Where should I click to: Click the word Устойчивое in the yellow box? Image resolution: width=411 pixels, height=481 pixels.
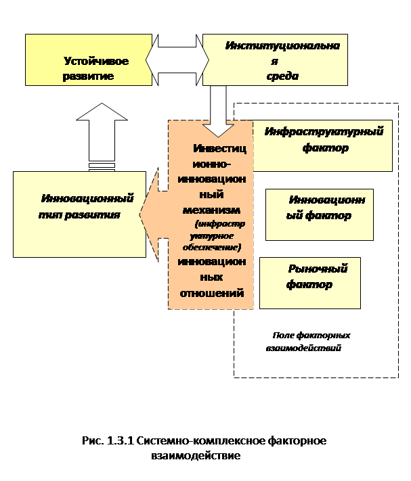[96, 61]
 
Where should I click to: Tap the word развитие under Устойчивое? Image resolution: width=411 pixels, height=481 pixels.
[88, 76]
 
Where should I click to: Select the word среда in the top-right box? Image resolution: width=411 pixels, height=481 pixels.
[282, 76]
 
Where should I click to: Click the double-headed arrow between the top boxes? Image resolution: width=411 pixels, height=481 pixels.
[177, 60]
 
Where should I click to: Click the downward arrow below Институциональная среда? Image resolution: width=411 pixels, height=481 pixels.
[218, 112]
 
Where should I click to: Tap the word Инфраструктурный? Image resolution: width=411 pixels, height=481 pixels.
[324, 132]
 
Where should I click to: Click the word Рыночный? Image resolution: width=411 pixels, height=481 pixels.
[318, 269]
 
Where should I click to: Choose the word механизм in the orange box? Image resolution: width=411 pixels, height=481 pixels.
[211, 210]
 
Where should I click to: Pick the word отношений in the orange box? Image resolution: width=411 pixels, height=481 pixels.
[212, 293]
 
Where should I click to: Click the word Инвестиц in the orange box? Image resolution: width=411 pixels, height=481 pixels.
[220, 148]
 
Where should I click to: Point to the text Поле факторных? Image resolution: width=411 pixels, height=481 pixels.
[311, 336]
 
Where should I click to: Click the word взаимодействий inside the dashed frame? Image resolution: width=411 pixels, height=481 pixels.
[303, 348]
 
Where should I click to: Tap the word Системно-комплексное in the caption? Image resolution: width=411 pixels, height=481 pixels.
[200, 441]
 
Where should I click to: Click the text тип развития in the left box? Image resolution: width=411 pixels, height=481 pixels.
[79, 214]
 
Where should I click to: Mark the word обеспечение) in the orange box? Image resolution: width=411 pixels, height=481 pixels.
[212, 247]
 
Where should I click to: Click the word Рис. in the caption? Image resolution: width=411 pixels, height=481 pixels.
[93, 441]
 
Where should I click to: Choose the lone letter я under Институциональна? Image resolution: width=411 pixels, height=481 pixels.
[274, 62]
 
